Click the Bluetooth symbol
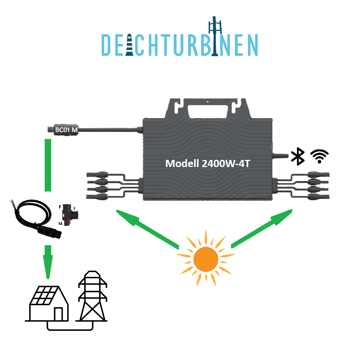[298, 156]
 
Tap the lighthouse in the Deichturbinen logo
[129, 45]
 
